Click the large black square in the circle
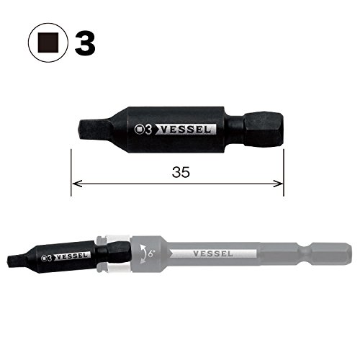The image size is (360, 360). (48, 42)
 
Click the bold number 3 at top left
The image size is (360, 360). (85, 43)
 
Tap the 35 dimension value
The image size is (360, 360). (181, 172)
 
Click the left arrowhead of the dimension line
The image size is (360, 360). (77, 184)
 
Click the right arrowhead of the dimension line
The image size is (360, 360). (278, 184)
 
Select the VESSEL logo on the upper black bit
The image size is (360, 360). (186, 130)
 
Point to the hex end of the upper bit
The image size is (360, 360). (264, 130)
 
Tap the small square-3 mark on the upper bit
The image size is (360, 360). (143, 130)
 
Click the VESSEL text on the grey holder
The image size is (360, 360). (213, 253)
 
